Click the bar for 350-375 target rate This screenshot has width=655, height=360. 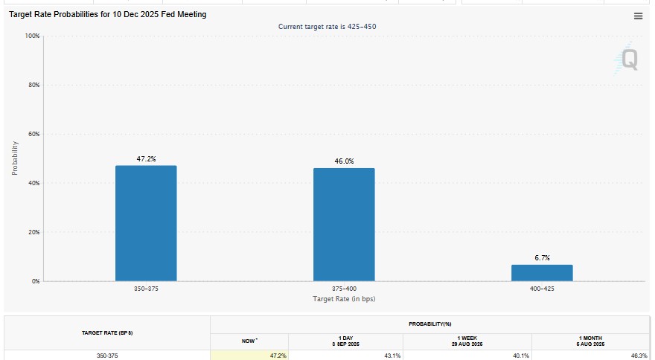pyautogui.click(x=146, y=223)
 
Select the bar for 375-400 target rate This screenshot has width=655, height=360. pyautogui.click(x=344, y=225)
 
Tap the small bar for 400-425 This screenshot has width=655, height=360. pyautogui.click(x=542, y=273)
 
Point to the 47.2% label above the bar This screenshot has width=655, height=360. pyautogui.click(x=146, y=158)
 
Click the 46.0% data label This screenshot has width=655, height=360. pyautogui.click(x=344, y=161)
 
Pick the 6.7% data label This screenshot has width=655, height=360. pyautogui.click(x=542, y=257)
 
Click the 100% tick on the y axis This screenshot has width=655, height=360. pyautogui.click(x=32, y=36)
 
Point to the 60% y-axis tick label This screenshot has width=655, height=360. pyautogui.click(x=33, y=134)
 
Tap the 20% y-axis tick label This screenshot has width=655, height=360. pyautogui.click(x=33, y=232)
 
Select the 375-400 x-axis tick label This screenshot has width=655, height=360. pyautogui.click(x=344, y=289)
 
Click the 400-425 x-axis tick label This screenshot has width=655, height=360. pyautogui.click(x=542, y=289)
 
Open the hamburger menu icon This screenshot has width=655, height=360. pyautogui.click(x=638, y=16)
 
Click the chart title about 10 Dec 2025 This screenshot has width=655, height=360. pyautogui.click(x=108, y=14)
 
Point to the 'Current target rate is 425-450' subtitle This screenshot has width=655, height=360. pyautogui.click(x=327, y=26)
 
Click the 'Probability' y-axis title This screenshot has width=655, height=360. pyautogui.click(x=15, y=158)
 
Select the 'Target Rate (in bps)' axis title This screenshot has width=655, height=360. pyautogui.click(x=344, y=299)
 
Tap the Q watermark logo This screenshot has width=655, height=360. pyautogui.click(x=627, y=59)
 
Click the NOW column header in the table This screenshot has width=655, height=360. pyautogui.click(x=249, y=341)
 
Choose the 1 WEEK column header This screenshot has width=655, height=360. pyautogui.click(x=467, y=341)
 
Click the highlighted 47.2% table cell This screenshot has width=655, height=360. pyautogui.click(x=249, y=356)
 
